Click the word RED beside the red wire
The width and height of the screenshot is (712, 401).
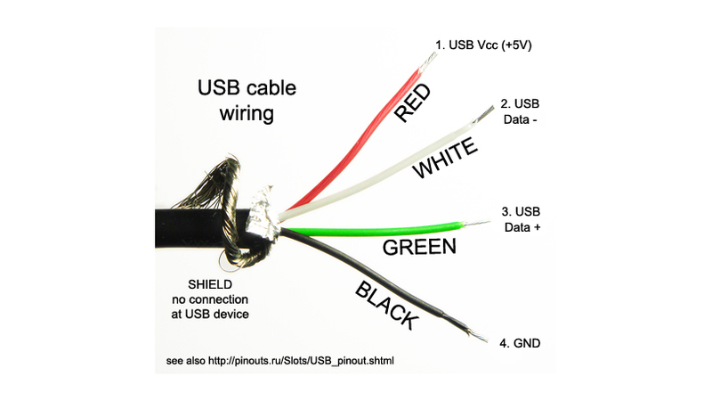[412, 102]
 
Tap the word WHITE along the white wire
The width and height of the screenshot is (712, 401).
[445, 159]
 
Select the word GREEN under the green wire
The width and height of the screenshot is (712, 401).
[419, 247]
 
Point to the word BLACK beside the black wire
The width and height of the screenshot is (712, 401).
[386, 306]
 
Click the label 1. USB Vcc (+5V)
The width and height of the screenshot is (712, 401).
[483, 45]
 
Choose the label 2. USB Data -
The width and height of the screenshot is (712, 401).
[520, 111]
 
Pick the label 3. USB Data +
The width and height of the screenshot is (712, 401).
[522, 219]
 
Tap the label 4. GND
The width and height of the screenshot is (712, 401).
[520, 343]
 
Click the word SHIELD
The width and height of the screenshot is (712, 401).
[210, 284]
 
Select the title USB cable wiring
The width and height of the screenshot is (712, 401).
[247, 100]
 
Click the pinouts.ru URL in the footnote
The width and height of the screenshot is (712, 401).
[301, 361]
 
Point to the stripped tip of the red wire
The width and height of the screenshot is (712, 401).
[427, 61]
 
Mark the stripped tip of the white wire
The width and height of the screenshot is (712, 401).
[483, 114]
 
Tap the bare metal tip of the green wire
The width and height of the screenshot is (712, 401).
[476, 223]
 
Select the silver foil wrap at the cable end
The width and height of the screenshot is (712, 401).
[262, 215]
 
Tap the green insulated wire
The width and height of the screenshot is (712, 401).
[372, 230]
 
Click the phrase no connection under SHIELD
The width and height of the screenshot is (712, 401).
[210, 299]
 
